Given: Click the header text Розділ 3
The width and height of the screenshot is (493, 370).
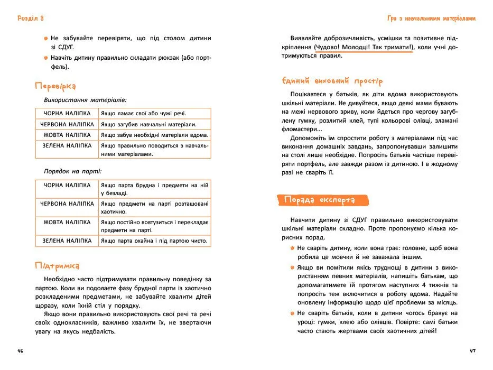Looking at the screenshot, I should tap(30, 18).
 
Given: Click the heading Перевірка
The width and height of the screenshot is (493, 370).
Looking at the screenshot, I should tap(55, 86).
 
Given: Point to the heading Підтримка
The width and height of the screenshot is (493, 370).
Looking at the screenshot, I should tap(57, 265).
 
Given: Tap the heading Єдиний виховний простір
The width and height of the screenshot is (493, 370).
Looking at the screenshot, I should tap(332, 81).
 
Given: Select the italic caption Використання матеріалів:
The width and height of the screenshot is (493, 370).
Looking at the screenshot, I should tap(85, 99).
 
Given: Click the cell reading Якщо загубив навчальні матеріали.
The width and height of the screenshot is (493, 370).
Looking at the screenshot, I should tap(148, 124).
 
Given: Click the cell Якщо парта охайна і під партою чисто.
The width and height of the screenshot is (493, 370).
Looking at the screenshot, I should tap(154, 241).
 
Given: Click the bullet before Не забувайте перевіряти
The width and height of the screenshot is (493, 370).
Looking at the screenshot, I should tap(46, 39).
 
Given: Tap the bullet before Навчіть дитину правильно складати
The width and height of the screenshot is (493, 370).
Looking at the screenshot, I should tap(46, 58).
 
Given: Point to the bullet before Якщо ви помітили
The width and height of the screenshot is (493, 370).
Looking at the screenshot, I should tap(292, 267).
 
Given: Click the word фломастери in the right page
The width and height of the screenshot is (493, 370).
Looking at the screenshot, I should tap(300, 129).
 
